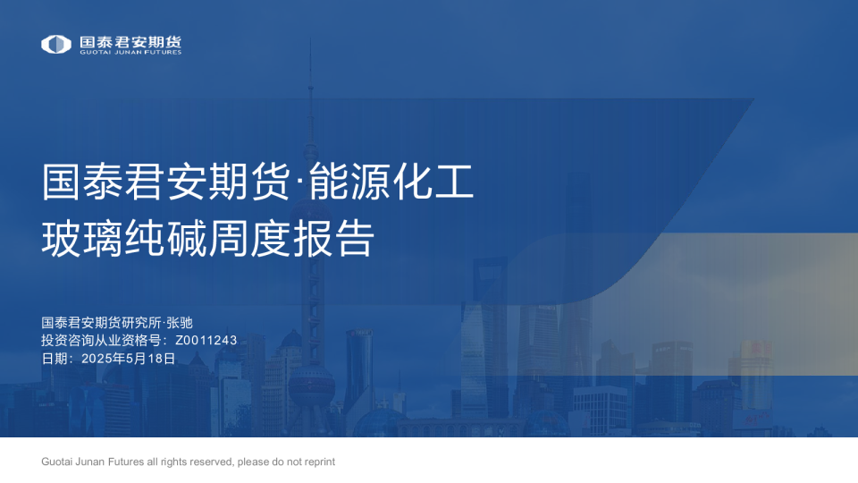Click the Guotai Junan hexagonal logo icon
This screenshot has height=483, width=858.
coord(55,44)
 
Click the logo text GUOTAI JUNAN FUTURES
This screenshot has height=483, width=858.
coord(130,53)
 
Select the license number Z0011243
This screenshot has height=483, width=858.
coord(206,341)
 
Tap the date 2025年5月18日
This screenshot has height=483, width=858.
coord(128,359)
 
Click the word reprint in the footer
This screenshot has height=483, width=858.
coord(316,462)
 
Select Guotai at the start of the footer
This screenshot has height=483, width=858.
coord(58,462)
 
